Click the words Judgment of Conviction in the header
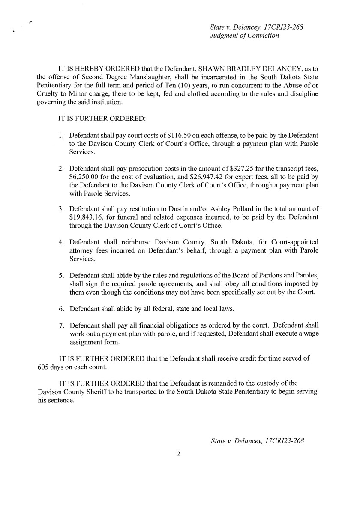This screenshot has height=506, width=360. point(244,36)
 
